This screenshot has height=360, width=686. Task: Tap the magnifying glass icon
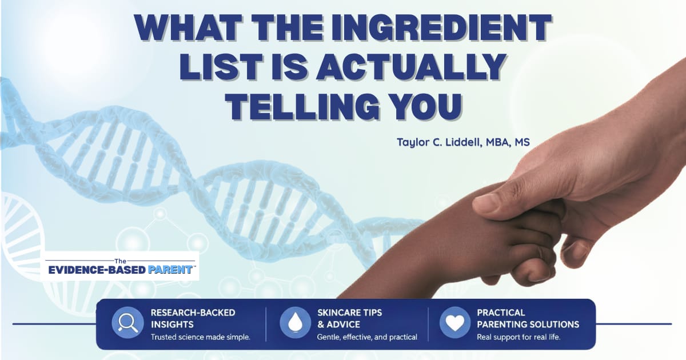coord(126,323)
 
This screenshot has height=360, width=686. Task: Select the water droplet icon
coord(295,323)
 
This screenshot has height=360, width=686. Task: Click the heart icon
coord(454,323)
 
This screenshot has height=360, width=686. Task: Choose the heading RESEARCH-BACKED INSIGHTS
coord(193,318)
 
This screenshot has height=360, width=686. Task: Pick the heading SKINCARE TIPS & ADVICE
coord(349,318)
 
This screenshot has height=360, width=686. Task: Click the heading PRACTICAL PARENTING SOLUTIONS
coord(528,318)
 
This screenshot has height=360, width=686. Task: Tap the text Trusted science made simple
coord(200,337)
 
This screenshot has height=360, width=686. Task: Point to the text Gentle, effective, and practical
coord(367,337)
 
